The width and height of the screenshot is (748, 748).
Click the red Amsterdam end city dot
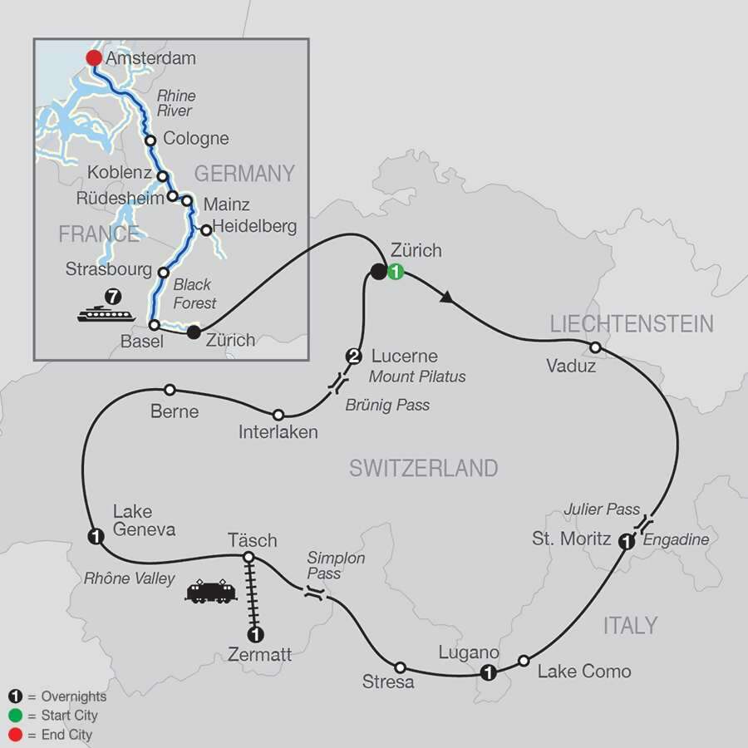pyautogui.click(x=93, y=57)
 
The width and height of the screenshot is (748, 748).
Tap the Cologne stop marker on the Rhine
pyautogui.click(x=150, y=140)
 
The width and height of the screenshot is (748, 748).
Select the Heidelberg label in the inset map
pyautogui.click(x=254, y=226)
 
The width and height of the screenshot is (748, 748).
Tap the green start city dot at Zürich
pyautogui.click(x=396, y=271)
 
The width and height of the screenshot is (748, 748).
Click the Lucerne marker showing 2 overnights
pyautogui.click(x=353, y=357)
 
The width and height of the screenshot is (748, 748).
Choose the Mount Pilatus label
pyautogui.click(x=416, y=376)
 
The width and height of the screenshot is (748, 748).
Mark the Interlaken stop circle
pyautogui.click(x=278, y=415)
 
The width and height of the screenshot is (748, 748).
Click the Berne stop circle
pyautogui.click(x=170, y=389)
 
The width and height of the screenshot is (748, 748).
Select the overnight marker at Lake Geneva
pyautogui.click(x=96, y=537)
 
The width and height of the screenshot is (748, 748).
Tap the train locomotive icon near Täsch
pyautogui.click(x=212, y=592)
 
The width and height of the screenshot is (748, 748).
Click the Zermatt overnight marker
pyautogui.click(x=257, y=635)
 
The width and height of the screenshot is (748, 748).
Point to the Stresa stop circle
pyautogui.click(x=400, y=667)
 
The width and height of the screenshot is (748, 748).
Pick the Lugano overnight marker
pyautogui.click(x=490, y=672)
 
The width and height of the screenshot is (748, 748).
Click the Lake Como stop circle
pyautogui.click(x=524, y=661)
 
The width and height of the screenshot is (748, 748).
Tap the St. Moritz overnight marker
pyautogui.click(x=627, y=541)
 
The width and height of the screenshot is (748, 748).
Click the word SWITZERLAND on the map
pyautogui.click(x=423, y=468)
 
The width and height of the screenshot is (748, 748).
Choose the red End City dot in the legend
pyautogui.click(x=14, y=735)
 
